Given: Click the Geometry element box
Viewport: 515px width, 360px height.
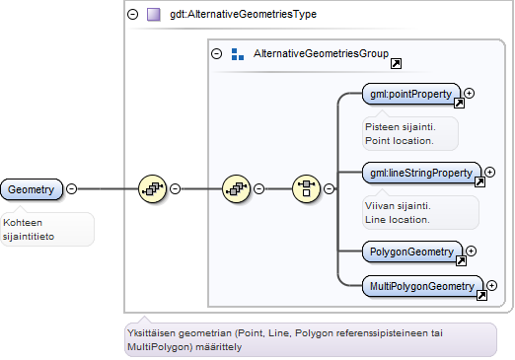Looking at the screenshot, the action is (x=32, y=189).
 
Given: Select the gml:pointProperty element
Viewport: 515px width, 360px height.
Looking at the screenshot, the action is (x=410, y=94).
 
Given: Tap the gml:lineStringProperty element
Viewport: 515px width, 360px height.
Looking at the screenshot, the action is (x=421, y=173).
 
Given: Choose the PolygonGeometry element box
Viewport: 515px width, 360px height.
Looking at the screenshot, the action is (x=411, y=252).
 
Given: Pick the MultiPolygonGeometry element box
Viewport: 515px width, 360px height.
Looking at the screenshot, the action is (x=422, y=286).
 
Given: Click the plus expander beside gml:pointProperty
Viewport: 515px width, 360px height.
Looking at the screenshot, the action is (x=470, y=94).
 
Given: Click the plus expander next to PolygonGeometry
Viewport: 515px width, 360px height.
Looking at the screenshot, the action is (x=472, y=252).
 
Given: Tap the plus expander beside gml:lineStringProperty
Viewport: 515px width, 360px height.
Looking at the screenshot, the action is (x=490, y=173).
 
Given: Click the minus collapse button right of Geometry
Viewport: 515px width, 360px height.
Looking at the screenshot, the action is (x=71, y=188).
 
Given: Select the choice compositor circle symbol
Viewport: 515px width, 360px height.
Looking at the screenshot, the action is (x=306, y=188).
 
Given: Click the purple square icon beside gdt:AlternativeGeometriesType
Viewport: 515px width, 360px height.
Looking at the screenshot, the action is (x=154, y=15).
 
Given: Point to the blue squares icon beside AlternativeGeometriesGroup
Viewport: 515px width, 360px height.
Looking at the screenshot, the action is (x=238, y=54).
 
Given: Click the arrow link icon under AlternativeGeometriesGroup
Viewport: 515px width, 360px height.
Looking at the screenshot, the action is (x=396, y=63).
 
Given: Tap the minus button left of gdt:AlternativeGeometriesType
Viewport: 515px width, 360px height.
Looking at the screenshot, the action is (x=133, y=14).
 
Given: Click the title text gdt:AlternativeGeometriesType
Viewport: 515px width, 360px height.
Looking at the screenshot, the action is (x=243, y=14).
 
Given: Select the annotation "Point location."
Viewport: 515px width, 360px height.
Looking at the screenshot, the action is (x=400, y=141).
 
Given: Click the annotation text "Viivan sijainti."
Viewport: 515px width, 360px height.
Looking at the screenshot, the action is (x=398, y=206).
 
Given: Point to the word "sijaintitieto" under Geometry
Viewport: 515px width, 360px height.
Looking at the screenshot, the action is (x=29, y=237).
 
